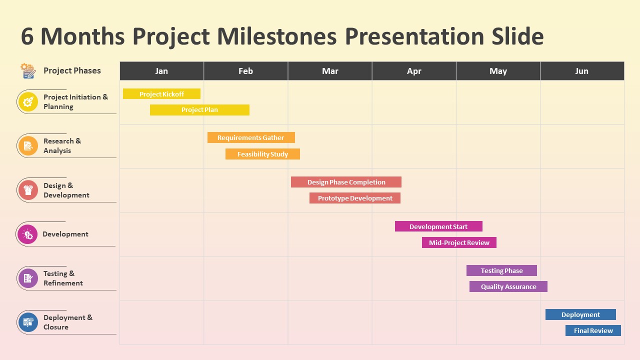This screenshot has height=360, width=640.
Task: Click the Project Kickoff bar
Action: pyautogui.click(x=161, y=93)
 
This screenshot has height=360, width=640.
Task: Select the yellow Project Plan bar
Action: pyautogui.click(x=199, y=110)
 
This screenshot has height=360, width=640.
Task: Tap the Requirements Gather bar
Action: pyautogui.click(x=251, y=137)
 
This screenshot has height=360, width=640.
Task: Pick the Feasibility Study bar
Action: pyautogui.click(x=262, y=154)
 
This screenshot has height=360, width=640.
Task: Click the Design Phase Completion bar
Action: pyautogui.click(x=346, y=182)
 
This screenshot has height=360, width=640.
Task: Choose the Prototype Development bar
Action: pyautogui.click(x=355, y=198)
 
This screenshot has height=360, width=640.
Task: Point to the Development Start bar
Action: pyautogui.click(x=438, y=226)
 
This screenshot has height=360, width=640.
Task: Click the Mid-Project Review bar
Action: pyautogui.click(x=459, y=242)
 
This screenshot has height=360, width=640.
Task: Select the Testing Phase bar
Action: pyautogui.click(x=501, y=270)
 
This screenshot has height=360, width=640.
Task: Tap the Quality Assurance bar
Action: pyautogui.click(x=508, y=286)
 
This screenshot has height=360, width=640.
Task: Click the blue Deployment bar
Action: pyautogui.click(x=580, y=314)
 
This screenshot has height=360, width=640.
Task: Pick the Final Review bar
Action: pyautogui.click(x=593, y=330)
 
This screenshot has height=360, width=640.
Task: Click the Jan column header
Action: pyautogui.click(x=161, y=71)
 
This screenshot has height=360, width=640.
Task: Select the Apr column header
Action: pyautogui.click(x=414, y=71)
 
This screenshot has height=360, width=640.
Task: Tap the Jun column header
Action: pyautogui.click(x=582, y=71)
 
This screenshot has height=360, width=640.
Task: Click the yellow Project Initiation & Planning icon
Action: pyautogui.click(x=28, y=102)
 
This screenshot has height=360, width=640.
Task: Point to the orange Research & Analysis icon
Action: pyautogui.click(x=28, y=146)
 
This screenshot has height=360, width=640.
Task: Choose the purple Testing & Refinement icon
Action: pyautogui.click(x=28, y=278)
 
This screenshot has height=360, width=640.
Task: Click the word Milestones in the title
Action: pyautogui.click(x=277, y=36)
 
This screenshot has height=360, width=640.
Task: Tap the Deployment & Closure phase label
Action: pyautogui.click(x=68, y=322)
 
